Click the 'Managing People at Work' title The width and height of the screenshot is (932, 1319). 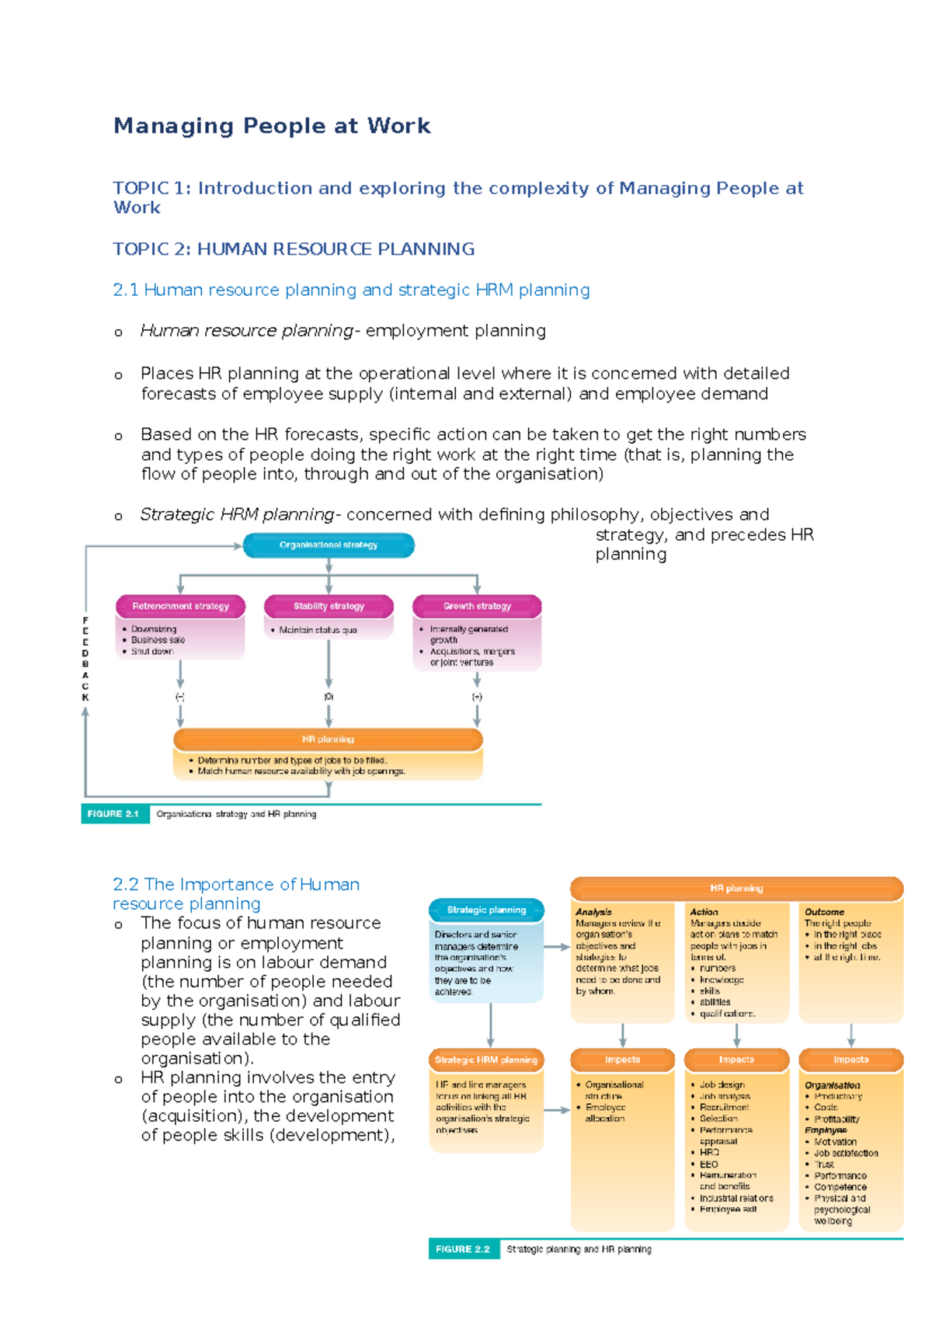272,126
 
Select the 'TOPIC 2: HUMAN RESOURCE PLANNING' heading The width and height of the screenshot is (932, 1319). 294,249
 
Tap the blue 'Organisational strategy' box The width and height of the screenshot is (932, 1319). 329,545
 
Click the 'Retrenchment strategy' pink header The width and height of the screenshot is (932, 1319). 180,606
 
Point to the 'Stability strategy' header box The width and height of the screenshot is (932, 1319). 329,606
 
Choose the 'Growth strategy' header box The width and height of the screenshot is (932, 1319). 477,606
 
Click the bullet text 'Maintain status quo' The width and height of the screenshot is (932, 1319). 318,630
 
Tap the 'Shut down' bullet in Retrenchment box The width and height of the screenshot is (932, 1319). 151,651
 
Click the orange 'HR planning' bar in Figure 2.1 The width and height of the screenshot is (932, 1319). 328,740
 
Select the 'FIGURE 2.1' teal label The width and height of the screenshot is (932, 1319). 114,813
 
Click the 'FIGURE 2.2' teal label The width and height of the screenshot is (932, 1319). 463,1249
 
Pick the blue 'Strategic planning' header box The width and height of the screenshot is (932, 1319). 486,910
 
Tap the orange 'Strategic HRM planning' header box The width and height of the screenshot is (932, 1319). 486,1060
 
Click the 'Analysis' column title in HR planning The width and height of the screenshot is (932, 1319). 593,912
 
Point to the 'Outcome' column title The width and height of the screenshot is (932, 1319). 824,912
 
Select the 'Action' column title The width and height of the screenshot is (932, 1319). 704,912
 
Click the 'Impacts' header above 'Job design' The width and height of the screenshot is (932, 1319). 736,1060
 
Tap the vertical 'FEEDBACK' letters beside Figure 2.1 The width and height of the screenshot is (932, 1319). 85,659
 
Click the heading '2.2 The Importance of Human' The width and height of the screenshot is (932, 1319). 236,885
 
